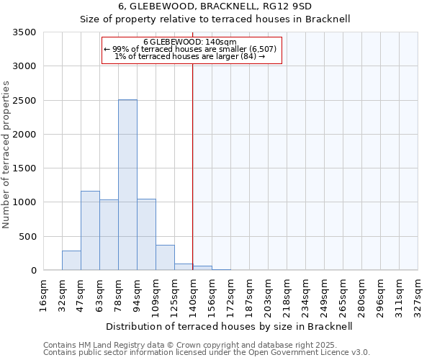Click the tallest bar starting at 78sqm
tap(127, 185)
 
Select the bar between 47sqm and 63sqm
tap(90, 230)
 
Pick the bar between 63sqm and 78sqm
tap(109, 235)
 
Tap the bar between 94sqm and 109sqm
tap(146, 235)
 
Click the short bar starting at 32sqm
tap(71, 261)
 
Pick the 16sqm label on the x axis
tap(43, 294)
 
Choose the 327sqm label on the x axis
tap(418, 294)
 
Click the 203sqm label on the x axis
tap(268, 294)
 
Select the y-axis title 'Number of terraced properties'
tap(6, 155)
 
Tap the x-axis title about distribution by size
tap(230, 326)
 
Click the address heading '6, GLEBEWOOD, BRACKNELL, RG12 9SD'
tap(215, 6)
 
